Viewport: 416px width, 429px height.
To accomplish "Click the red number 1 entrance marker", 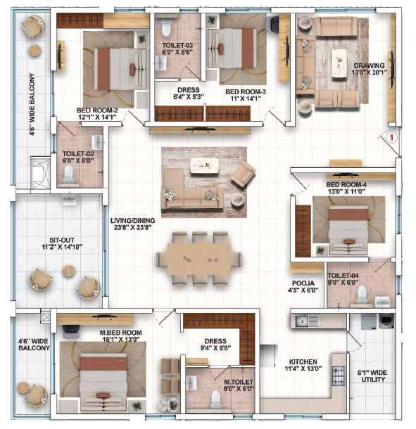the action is coord(391,137).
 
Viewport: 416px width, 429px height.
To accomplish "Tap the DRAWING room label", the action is coord(369,65).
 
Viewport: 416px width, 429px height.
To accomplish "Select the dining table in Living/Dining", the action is coord(199,259).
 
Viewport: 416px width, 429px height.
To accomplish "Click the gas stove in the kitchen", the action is coord(339,376).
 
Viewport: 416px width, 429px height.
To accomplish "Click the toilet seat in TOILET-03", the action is coord(166,27).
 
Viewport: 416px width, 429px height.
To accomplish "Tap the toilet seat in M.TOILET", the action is coord(216,399).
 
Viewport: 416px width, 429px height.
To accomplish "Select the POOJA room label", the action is coord(303,283).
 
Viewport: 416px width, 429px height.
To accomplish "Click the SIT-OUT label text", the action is coord(62,241).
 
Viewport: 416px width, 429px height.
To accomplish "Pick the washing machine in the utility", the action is coord(386,321).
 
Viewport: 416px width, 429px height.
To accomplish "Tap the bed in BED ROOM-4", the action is coord(348,230).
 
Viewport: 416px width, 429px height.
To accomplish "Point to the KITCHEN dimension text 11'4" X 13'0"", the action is coord(303,369).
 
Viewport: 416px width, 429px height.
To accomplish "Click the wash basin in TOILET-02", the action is coord(97,141).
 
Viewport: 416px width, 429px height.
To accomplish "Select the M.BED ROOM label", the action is coord(121,333).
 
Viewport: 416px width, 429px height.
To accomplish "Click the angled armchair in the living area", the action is coord(243,173).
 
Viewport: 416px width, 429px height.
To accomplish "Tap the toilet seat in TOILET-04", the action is coord(362,294).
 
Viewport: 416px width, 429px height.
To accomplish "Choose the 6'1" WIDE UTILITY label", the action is coord(372,376).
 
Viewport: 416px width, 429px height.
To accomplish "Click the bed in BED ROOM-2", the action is coord(120,69).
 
